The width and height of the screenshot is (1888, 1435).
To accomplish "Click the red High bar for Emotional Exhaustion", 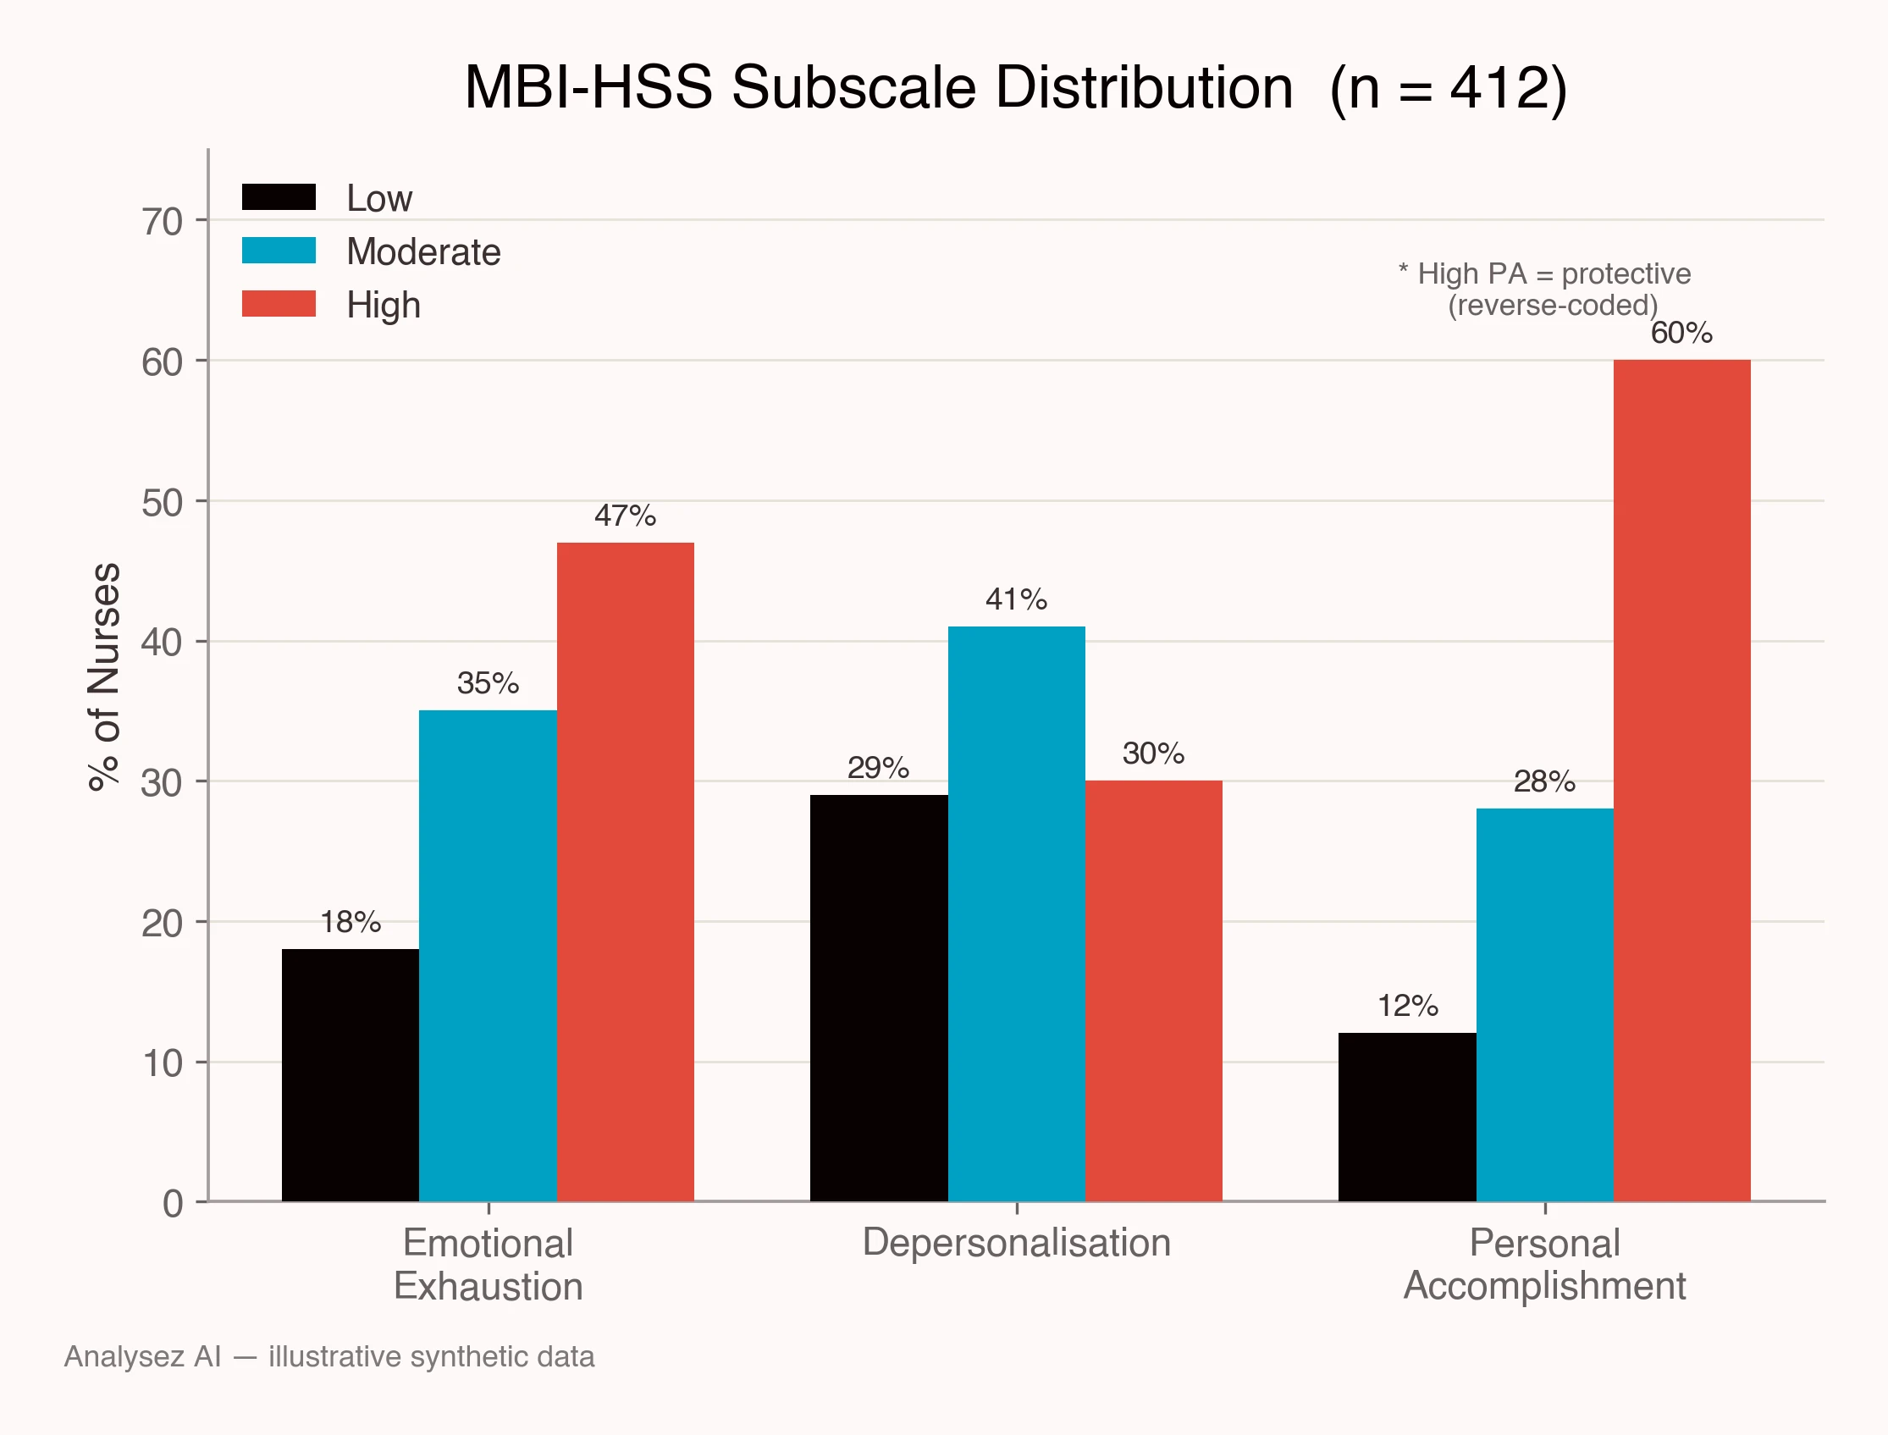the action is pyautogui.click(x=626, y=872).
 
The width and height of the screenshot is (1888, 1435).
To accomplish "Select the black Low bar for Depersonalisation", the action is pyautogui.click(x=879, y=998).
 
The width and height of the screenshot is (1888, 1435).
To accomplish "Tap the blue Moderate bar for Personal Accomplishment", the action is pyautogui.click(x=1544, y=1006).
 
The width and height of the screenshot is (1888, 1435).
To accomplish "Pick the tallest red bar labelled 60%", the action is pyautogui.click(x=1682, y=781).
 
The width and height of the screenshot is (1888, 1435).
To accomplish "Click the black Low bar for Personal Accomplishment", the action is pyautogui.click(x=1407, y=1118).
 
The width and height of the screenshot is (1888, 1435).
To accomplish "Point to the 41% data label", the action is pyautogui.click(x=1017, y=599).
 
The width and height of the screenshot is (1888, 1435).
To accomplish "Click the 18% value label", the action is pyautogui.click(x=351, y=922).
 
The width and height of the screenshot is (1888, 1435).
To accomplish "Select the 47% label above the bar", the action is pyautogui.click(x=626, y=516).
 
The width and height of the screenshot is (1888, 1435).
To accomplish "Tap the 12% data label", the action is pyautogui.click(x=1408, y=1006).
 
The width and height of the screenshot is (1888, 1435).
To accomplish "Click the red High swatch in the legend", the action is pyautogui.click(x=279, y=304).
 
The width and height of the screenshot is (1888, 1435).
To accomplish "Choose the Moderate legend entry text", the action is pyautogui.click(x=423, y=252).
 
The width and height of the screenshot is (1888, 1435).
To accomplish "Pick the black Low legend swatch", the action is pyautogui.click(x=279, y=197).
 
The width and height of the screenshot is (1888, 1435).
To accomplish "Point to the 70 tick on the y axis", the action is pyautogui.click(x=163, y=221).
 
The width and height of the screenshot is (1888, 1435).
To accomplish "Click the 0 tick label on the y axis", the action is pyautogui.click(x=173, y=1204).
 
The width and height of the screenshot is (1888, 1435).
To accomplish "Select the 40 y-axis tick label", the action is pyautogui.click(x=163, y=643).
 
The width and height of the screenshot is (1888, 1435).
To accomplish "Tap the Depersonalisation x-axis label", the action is pyautogui.click(x=1017, y=1243).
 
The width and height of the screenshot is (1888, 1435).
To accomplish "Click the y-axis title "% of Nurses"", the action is pyautogui.click(x=104, y=677).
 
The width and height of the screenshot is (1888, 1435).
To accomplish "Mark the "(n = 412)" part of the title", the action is pyautogui.click(x=1449, y=88).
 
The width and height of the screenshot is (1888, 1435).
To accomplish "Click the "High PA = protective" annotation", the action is pyautogui.click(x=1554, y=273).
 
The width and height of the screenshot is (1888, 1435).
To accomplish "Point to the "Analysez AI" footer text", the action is pyautogui.click(x=143, y=1356).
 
